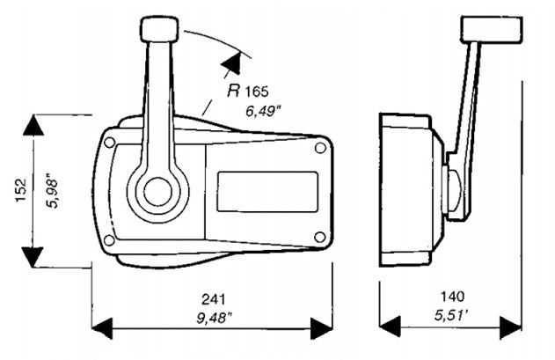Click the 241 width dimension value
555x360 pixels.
click(x=213, y=299)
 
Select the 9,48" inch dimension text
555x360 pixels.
click(x=214, y=318)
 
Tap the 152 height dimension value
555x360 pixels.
click(x=21, y=190)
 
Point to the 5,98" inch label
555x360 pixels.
click(x=52, y=191)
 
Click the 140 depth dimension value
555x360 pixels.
click(x=452, y=297)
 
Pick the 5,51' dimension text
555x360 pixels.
click(x=451, y=315)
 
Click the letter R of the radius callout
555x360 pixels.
click(x=234, y=91)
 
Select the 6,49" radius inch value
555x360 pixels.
click(x=263, y=111)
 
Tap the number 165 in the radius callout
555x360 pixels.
click(x=257, y=92)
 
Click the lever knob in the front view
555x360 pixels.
click(x=159, y=29)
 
